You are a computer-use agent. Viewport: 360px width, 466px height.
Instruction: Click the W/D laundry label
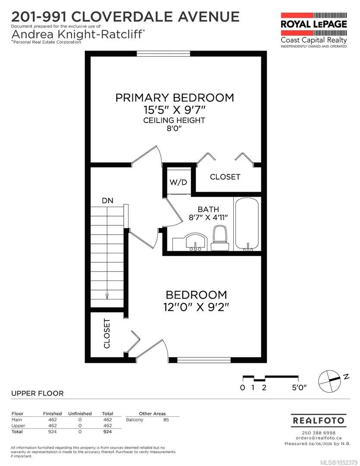click(x=178, y=182)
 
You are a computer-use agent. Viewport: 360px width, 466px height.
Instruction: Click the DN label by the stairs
click(x=107, y=201)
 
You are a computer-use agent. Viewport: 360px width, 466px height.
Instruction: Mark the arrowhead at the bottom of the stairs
click(x=107, y=296)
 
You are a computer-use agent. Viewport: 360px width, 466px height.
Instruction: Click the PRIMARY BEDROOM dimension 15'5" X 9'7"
click(x=175, y=110)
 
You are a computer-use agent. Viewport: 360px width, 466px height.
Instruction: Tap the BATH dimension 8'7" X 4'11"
click(x=208, y=217)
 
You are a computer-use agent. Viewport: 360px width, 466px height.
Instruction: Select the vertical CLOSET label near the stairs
click(x=106, y=334)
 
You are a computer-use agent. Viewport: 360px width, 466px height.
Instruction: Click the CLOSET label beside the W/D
click(x=225, y=177)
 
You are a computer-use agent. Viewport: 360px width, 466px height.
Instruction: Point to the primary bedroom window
click(x=163, y=54)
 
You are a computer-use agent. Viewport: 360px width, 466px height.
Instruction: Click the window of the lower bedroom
click(x=204, y=360)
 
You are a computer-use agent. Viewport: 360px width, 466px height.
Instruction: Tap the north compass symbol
click(x=330, y=381)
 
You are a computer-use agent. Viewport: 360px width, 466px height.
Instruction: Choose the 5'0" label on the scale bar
click(x=299, y=387)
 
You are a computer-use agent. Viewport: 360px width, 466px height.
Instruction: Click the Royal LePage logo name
click(x=314, y=24)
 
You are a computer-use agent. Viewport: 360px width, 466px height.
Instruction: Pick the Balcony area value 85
click(x=166, y=420)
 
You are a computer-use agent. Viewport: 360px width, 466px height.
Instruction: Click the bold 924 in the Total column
click(x=107, y=431)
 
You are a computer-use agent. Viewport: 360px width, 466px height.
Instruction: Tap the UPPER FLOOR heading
click(x=38, y=394)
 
